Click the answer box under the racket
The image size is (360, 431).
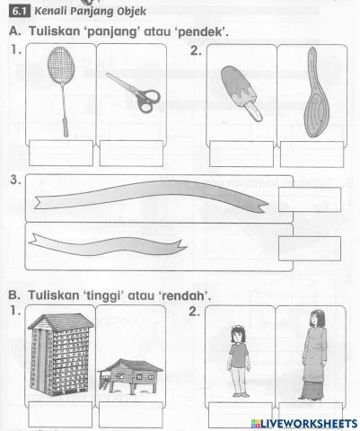pos(62,153)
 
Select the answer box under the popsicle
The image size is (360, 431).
pos(241,153)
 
